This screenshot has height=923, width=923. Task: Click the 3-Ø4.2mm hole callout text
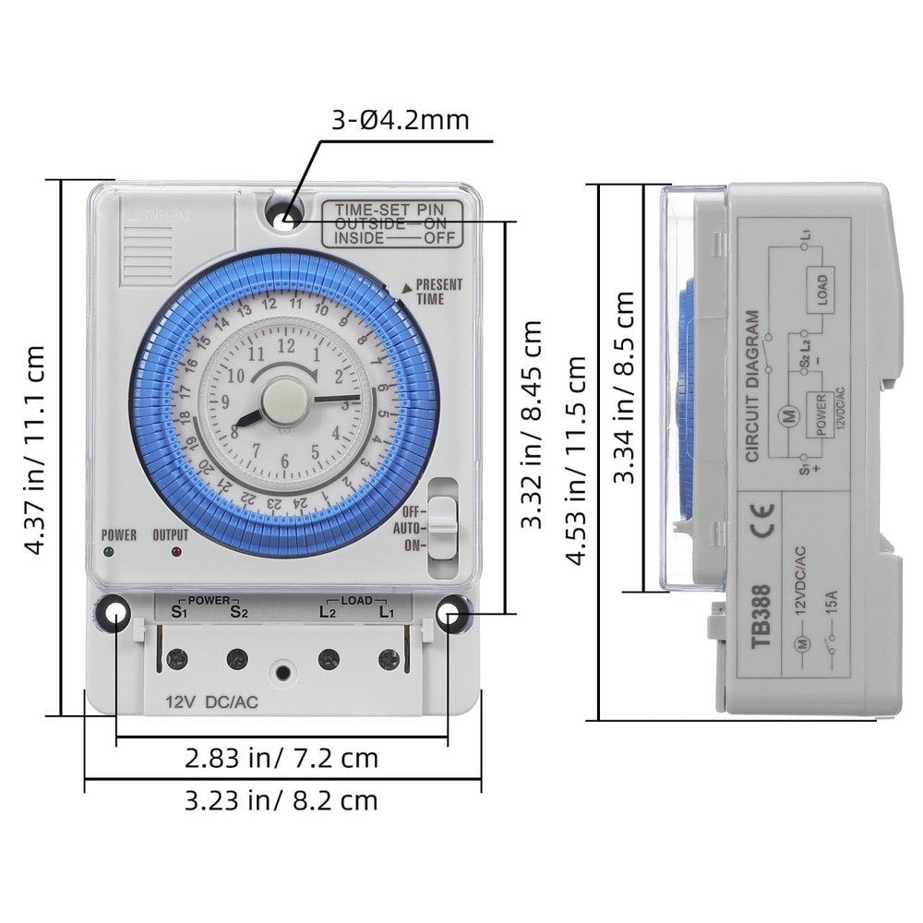pos(401,120)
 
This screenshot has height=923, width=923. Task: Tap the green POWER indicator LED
pos(111,553)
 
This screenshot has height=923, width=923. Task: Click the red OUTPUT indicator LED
pos(175,553)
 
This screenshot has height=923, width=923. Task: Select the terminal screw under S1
pos(176,658)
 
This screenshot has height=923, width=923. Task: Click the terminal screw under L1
pos(389,658)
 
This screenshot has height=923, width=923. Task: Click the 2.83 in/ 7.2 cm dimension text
pos(282,758)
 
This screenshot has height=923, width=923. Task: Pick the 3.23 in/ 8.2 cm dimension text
pos(282,799)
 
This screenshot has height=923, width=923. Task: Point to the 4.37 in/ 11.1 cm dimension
pos(34,450)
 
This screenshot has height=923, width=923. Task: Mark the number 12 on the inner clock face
pos(286,346)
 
